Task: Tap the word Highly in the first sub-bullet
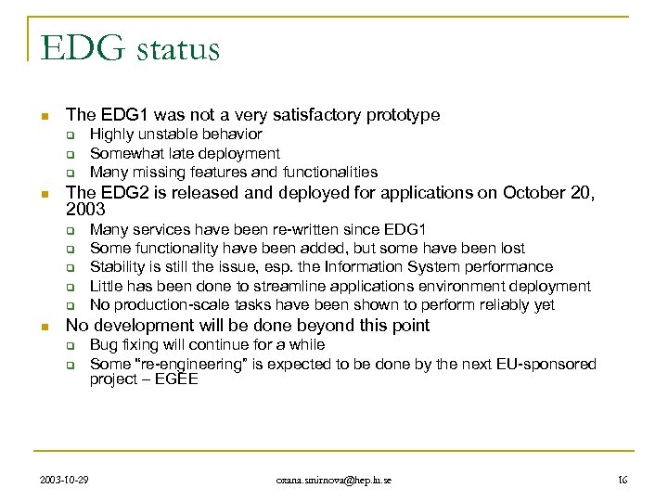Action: point(111,135)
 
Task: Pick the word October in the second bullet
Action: point(536,194)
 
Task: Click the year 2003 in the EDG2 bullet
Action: point(86,212)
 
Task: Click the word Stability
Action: point(117,268)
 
